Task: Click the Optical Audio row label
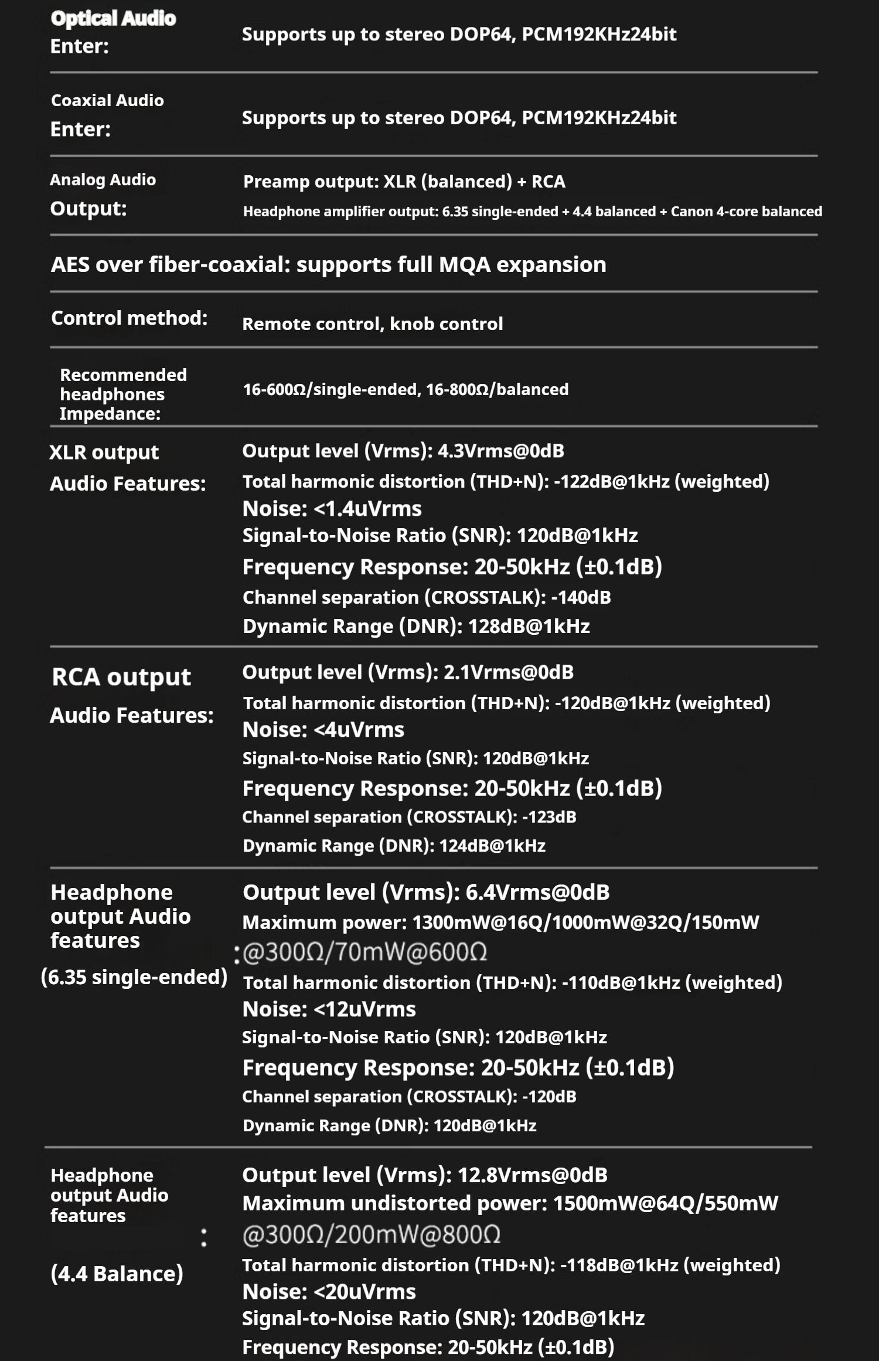click(113, 19)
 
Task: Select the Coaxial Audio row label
click(107, 100)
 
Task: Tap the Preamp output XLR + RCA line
click(404, 182)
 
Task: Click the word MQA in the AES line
click(464, 264)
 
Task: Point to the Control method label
click(129, 318)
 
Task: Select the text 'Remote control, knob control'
click(372, 324)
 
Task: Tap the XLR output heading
click(104, 452)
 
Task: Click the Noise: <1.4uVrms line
click(332, 508)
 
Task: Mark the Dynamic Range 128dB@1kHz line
click(416, 626)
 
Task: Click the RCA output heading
click(121, 677)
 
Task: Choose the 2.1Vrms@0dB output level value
click(508, 672)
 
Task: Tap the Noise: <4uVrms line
click(323, 730)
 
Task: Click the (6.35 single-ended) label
click(134, 977)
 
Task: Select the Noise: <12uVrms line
click(329, 1009)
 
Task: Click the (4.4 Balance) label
click(117, 1274)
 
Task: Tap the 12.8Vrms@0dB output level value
click(532, 1175)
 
